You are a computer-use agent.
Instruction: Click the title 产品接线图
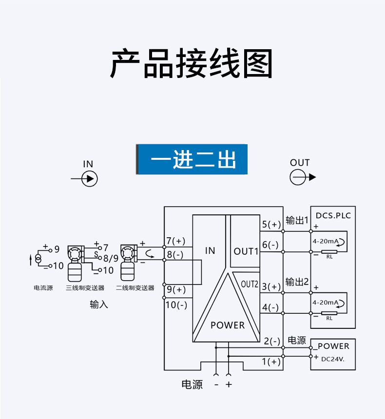pyautogui.click(x=192, y=64)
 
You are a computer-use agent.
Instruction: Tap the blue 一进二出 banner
pyautogui.click(x=192, y=159)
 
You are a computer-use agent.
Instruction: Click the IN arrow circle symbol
pyautogui.click(x=89, y=179)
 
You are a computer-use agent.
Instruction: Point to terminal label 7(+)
pyautogui.click(x=176, y=241)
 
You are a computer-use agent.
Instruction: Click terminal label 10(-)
pyautogui.click(x=176, y=305)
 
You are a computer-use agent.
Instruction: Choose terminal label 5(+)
pyautogui.click(x=271, y=225)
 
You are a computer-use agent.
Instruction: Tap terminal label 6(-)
pyautogui.click(x=270, y=245)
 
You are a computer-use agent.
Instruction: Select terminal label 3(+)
pyautogui.click(x=271, y=287)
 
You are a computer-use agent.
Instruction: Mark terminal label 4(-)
pyautogui.click(x=270, y=307)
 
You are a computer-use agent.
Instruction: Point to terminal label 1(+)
pyautogui.click(x=271, y=362)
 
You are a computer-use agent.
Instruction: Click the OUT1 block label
pyautogui.click(x=246, y=251)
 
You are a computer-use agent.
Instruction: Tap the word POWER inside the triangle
pyautogui.click(x=228, y=325)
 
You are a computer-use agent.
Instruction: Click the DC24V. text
pyautogui.click(x=333, y=360)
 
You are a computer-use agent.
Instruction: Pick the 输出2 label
pyautogui.click(x=297, y=282)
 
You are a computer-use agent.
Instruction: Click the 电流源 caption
pyautogui.click(x=43, y=288)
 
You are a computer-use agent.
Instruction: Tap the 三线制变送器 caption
pyautogui.click(x=85, y=288)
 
